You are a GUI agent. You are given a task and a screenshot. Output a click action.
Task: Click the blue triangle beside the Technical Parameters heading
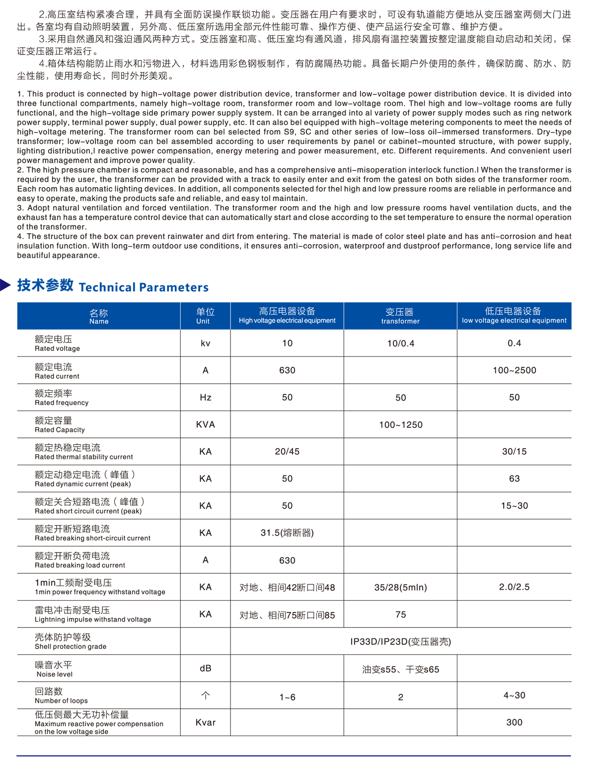click(5, 285)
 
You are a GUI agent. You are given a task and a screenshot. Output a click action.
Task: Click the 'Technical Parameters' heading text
click(144, 287)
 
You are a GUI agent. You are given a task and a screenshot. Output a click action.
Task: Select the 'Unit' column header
click(205, 316)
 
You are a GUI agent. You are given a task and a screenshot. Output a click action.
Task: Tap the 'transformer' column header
click(400, 316)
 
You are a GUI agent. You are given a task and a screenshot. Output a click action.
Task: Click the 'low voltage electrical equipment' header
click(514, 316)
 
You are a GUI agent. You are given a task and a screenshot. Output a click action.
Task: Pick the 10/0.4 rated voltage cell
click(401, 344)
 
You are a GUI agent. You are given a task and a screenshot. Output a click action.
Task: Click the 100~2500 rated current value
click(514, 370)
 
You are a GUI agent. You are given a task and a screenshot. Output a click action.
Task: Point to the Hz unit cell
click(205, 398)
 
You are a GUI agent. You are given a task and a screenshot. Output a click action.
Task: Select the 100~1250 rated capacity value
click(401, 425)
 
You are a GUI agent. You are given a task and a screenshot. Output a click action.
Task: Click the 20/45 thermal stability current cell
click(287, 452)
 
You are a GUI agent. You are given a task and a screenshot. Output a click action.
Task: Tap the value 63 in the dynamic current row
click(514, 479)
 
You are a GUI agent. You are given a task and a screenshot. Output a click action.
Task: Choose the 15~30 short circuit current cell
click(514, 506)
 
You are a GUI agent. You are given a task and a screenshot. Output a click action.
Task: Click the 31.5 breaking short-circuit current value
click(287, 533)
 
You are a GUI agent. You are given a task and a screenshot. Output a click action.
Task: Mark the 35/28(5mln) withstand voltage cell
click(401, 588)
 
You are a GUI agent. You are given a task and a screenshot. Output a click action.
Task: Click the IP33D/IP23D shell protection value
click(401, 642)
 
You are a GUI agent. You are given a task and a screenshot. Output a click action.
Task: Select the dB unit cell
click(205, 669)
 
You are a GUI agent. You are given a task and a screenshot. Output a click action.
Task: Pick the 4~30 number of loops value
click(514, 695)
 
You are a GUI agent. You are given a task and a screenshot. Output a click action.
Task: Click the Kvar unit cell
click(205, 723)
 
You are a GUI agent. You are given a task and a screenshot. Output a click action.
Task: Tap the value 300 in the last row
click(514, 723)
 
